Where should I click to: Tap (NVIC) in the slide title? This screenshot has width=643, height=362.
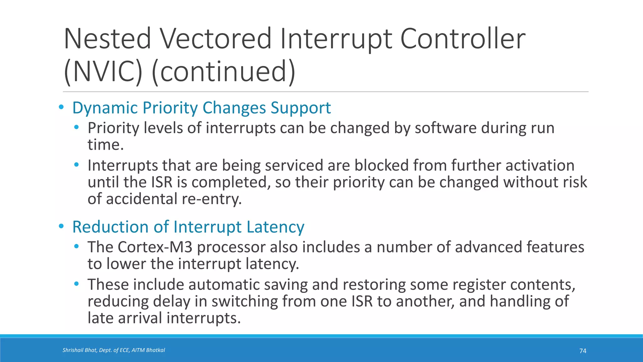pyautogui.click(x=103, y=71)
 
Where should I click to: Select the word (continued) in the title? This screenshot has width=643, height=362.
pyautogui.click(x=224, y=71)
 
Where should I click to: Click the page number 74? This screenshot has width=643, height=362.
pyautogui.click(x=583, y=351)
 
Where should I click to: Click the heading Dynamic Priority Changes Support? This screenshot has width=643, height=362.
pyautogui.click(x=201, y=108)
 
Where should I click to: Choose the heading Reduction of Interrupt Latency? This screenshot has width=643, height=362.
pyautogui.click(x=188, y=227)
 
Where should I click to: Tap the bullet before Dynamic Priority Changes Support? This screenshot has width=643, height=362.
pyautogui.click(x=61, y=107)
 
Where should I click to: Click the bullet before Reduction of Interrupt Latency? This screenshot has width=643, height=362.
pyautogui.click(x=61, y=226)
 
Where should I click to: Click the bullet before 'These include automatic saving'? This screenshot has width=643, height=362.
pyautogui.click(x=76, y=284)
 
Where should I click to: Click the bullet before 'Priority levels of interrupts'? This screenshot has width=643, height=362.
pyautogui.click(x=76, y=128)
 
